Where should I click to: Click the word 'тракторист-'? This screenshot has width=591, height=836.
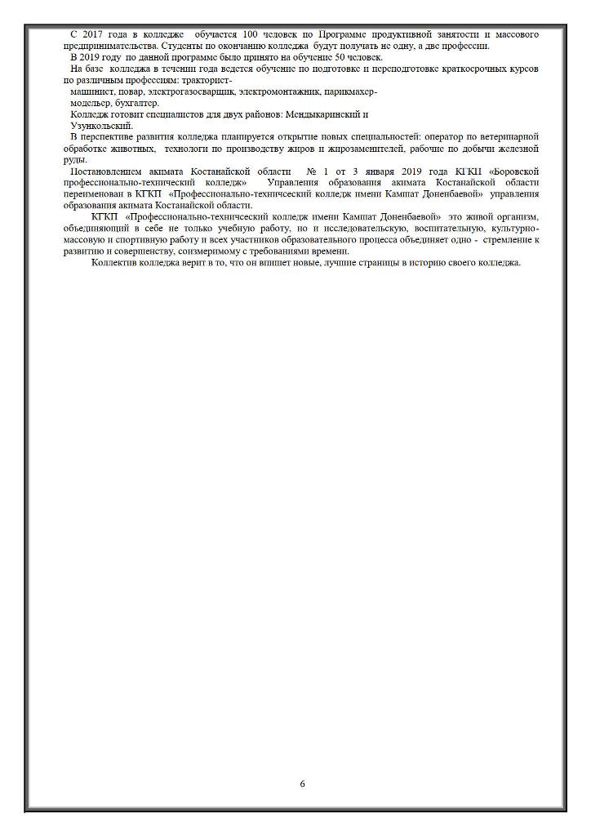tap(209, 82)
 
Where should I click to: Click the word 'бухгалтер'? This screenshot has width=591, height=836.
tap(138, 104)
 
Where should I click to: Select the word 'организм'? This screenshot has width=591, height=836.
tap(519, 219)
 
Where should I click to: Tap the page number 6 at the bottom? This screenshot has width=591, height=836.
tap(302, 784)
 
